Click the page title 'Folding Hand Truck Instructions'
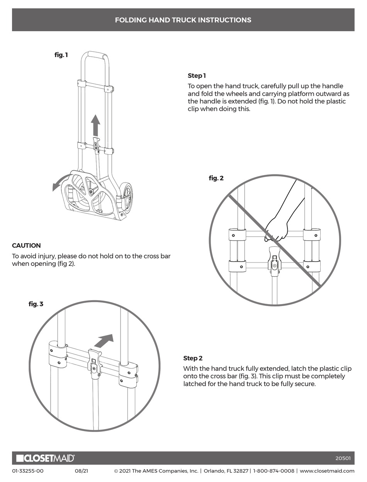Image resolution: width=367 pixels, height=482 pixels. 183,20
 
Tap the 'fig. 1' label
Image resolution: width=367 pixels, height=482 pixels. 61,55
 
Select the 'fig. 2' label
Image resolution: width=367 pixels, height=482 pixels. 216,178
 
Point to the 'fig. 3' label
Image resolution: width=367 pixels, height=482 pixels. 36,304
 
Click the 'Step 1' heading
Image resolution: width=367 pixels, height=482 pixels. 197,76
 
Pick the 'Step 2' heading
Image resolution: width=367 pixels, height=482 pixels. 192,358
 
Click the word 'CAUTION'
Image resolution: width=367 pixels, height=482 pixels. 26,245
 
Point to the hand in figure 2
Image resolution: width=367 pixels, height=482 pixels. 277,230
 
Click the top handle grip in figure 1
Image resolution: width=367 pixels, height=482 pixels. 95,54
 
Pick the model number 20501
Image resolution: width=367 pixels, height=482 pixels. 343,458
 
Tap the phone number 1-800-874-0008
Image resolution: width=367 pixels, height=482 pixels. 274,471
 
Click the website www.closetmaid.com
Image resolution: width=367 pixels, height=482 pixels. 327,471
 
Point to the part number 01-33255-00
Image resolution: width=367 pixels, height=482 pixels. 28,471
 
